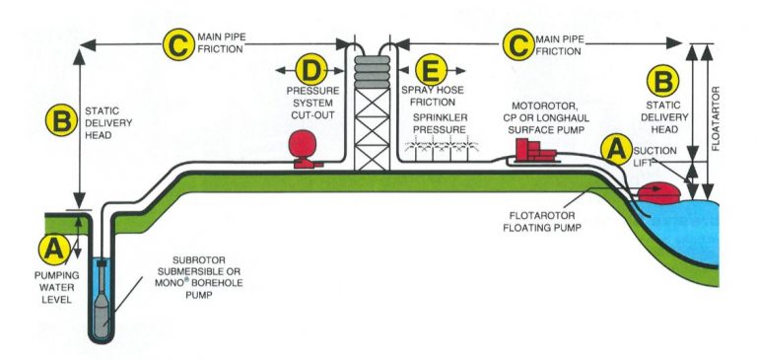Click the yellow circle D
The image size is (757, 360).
tap(311, 72)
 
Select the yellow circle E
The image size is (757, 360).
tap(432, 72)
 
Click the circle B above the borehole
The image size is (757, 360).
tap(61, 121)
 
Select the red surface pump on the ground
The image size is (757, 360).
tap(533, 151)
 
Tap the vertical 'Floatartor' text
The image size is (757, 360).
tap(714, 99)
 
